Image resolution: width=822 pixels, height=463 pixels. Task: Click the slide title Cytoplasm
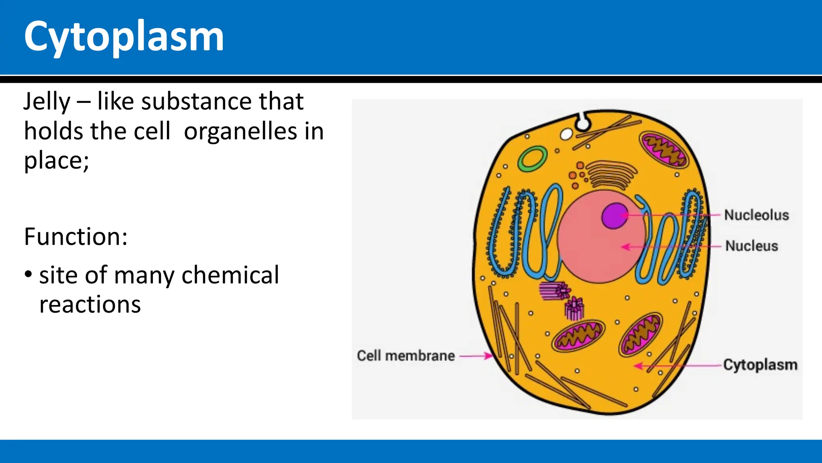tap(124, 37)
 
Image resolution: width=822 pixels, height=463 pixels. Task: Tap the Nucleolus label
tap(757, 215)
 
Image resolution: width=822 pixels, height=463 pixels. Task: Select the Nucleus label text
tap(751, 246)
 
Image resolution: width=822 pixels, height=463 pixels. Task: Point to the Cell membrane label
tap(405, 356)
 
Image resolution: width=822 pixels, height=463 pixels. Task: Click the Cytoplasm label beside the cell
tap(760, 365)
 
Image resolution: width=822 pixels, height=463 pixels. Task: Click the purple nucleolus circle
tap(614, 216)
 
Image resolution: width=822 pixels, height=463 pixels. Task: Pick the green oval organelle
tap(532, 158)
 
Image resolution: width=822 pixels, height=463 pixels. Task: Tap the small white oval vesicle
tap(566, 134)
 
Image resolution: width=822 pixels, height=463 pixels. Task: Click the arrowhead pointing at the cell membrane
tap(488, 356)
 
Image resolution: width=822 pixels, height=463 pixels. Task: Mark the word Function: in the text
tap(75, 236)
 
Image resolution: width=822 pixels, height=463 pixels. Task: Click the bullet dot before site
tap(28, 275)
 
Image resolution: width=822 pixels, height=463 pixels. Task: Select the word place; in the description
tap(56, 160)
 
